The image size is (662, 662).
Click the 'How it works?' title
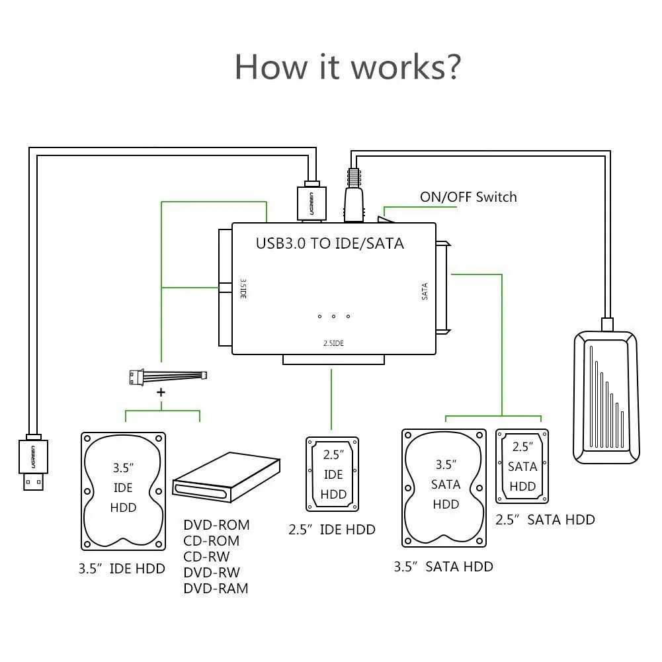pyautogui.click(x=347, y=67)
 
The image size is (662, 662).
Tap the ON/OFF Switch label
pyautogui.click(x=468, y=196)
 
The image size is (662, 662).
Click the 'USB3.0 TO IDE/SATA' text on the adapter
pyautogui.click(x=330, y=243)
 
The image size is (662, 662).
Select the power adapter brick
pyautogui.click(x=606, y=397)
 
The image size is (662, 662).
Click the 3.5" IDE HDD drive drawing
pyautogui.click(x=123, y=491)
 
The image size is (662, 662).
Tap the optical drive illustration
pyautogui.click(x=226, y=477)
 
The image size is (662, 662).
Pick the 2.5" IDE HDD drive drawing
pyautogui.click(x=332, y=474)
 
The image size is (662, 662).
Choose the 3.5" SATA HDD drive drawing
pyautogui.click(x=444, y=488)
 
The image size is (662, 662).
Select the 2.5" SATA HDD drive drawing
pyautogui.click(x=522, y=466)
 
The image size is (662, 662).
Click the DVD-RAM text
pyautogui.click(x=216, y=588)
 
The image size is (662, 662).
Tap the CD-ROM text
pyautogui.click(x=211, y=541)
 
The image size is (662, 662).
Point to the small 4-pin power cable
pyautogui.click(x=168, y=376)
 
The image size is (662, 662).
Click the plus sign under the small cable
pyautogui.click(x=161, y=393)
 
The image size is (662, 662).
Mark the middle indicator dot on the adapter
pyautogui.click(x=333, y=316)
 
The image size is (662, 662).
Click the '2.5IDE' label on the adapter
pyautogui.click(x=333, y=343)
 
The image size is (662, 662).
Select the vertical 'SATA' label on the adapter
pyautogui.click(x=425, y=291)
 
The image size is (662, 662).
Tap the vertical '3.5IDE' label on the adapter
pyautogui.click(x=243, y=288)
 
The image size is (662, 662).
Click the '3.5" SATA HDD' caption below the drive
pyautogui.click(x=443, y=567)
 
